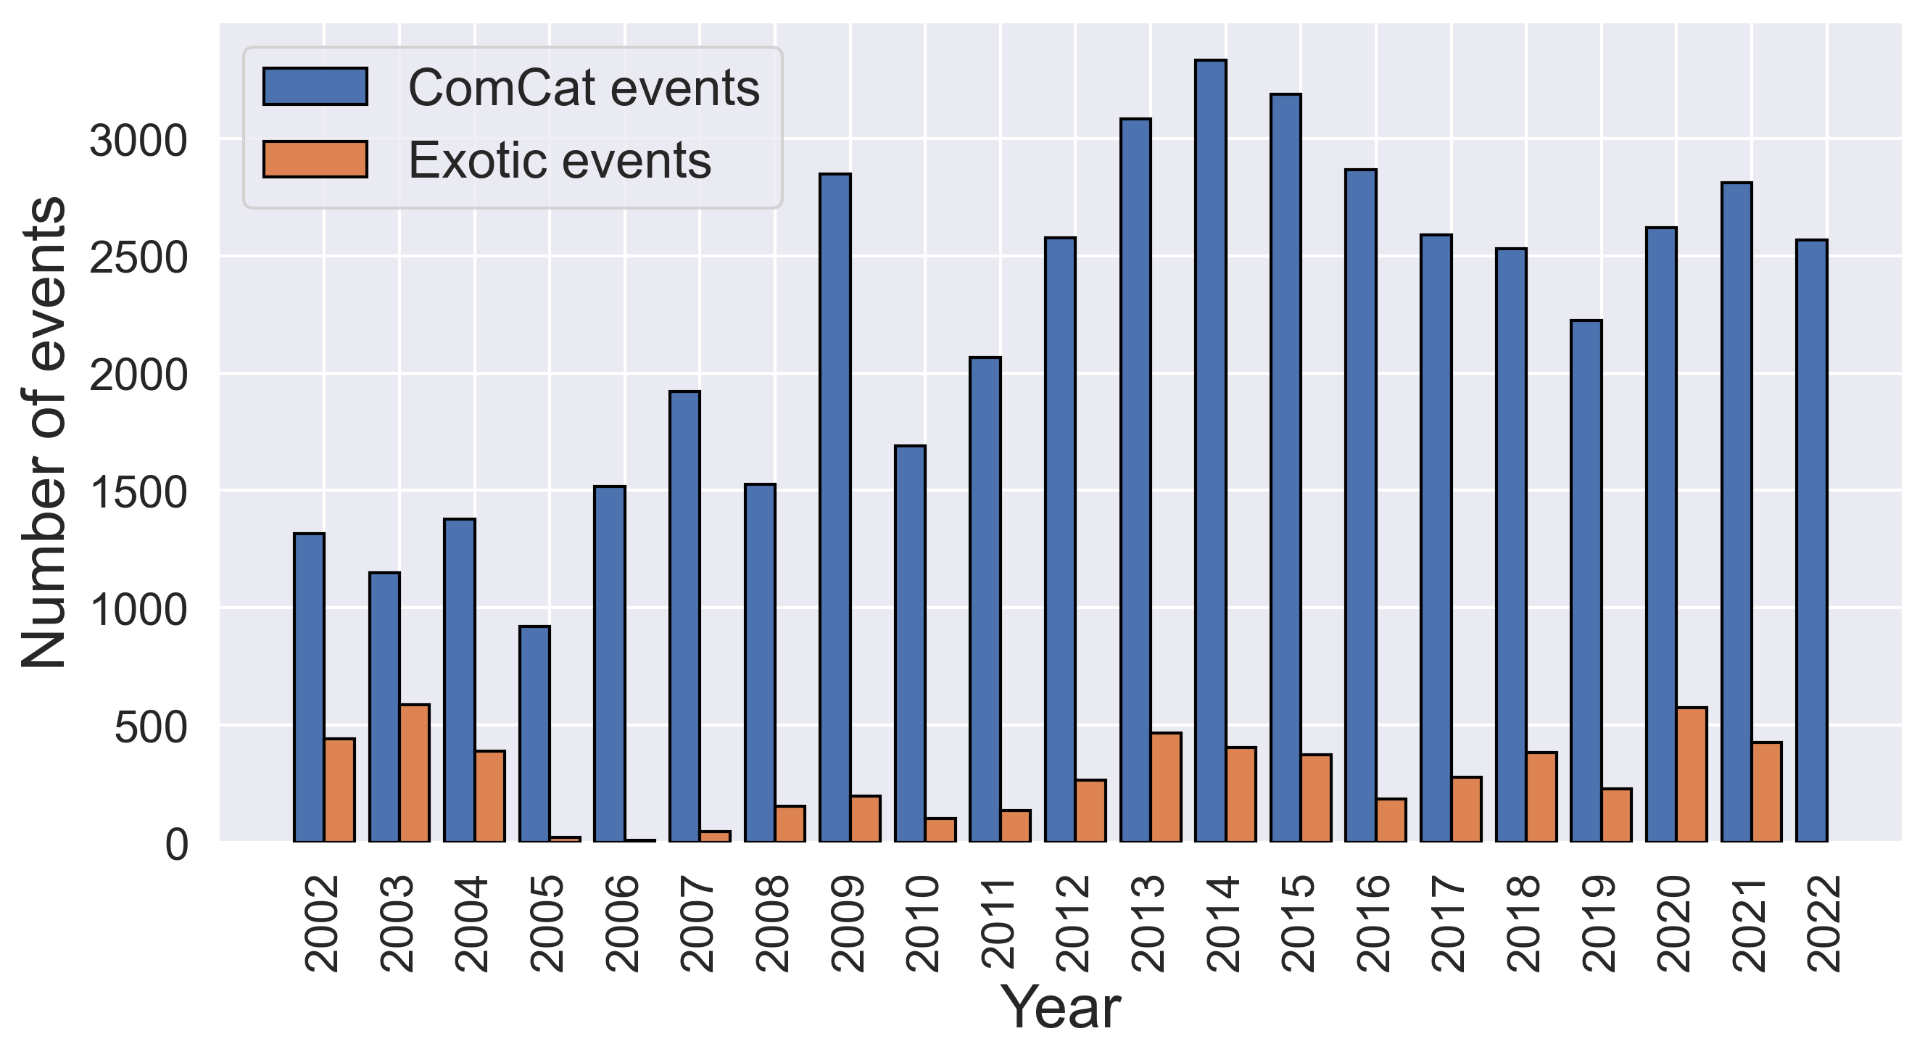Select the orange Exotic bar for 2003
coord(415,773)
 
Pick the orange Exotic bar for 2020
coord(1692,774)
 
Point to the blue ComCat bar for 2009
coord(835,508)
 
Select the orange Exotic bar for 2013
coord(1167,787)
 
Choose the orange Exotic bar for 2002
coord(339,790)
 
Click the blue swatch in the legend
coord(315,87)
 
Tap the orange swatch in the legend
coord(315,160)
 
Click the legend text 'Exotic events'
coord(560,161)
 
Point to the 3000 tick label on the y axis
coord(138,141)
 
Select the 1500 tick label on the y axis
coord(138,492)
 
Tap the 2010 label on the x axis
coord(924,924)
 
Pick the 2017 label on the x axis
coord(1449,924)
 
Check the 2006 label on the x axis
coord(624,924)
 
